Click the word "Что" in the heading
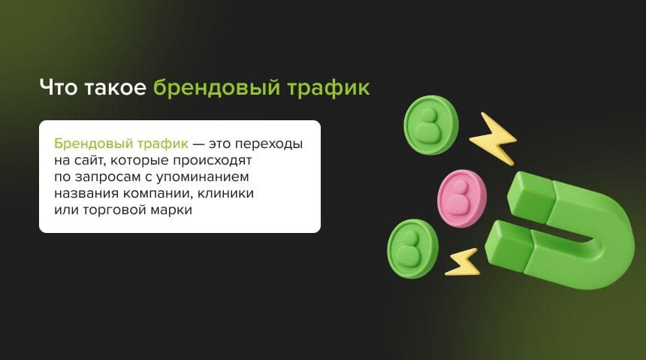tap(58, 87)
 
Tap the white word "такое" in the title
tap(116, 88)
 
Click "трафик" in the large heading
tap(328, 88)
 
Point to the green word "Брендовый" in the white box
tap(94, 144)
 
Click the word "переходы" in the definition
tap(269, 144)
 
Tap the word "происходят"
tap(212, 160)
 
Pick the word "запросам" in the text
tap(107, 177)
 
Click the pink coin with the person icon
tap(461, 198)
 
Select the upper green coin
tap(431, 125)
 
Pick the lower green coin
tap(412, 248)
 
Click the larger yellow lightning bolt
tap(494, 139)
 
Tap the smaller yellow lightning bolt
tap(463, 263)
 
